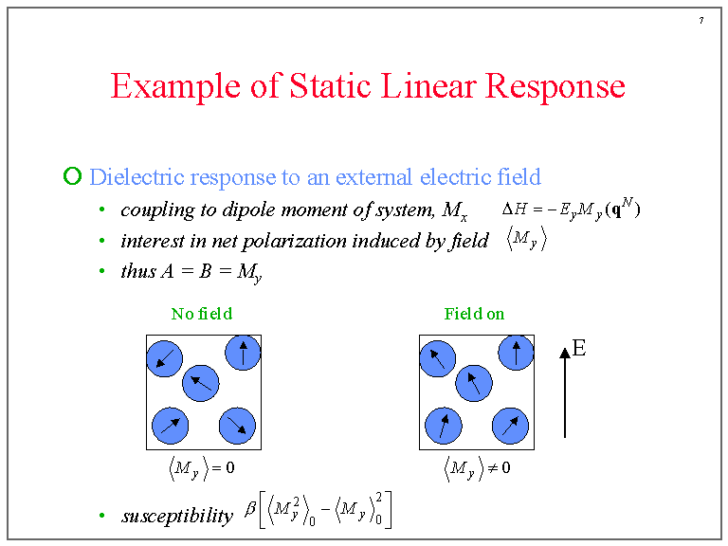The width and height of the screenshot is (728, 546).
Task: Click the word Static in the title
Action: coord(330,86)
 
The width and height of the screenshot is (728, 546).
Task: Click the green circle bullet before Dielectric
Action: coord(72,176)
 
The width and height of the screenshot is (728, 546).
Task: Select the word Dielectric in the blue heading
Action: coord(136,177)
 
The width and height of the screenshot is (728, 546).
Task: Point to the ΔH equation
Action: coord(571,209)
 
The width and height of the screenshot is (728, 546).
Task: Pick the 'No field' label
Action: coord(202,314)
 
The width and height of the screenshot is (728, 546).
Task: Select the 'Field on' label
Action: coord(474,314)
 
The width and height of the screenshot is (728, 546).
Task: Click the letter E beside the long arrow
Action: coord(579,348)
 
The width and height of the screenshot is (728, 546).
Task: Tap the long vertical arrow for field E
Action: coord(565,392)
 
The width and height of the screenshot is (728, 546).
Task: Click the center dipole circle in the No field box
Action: coord(201,383)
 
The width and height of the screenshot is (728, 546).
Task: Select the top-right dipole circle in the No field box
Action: coord(243,353)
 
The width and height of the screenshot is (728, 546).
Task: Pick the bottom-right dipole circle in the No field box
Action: coord(237,426)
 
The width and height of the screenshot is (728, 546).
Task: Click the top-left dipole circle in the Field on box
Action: coord(437,358)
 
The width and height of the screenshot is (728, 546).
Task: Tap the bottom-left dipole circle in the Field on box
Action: coord(444,426)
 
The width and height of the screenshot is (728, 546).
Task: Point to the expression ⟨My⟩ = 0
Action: coord(202,468)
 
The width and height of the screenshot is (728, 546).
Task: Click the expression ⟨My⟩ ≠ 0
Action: coord(477,468)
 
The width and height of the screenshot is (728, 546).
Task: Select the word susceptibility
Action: coord(177,517)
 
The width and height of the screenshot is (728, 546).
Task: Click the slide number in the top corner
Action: coord(701,20)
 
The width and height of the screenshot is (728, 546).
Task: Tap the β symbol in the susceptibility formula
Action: coord(250,509)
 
